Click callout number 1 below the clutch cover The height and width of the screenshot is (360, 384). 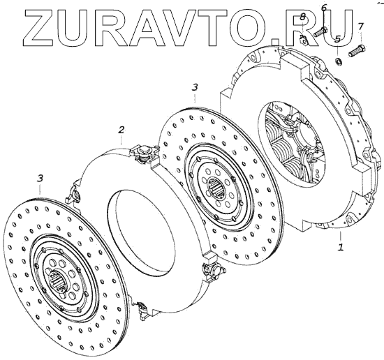(341, 248)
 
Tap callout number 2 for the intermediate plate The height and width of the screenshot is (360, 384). (121, 130)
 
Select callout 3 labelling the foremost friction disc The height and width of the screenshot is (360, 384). (40, 178)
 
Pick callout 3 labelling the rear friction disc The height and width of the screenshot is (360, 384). (195, 87)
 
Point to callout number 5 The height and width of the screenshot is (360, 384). (337, 39)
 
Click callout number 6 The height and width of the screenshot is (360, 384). (324, 8)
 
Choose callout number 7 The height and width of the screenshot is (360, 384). (361, 27)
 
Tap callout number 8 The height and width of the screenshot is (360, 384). (303, 17)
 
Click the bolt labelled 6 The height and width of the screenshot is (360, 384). (320, 32)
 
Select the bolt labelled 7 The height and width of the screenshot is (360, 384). (357, 51)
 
